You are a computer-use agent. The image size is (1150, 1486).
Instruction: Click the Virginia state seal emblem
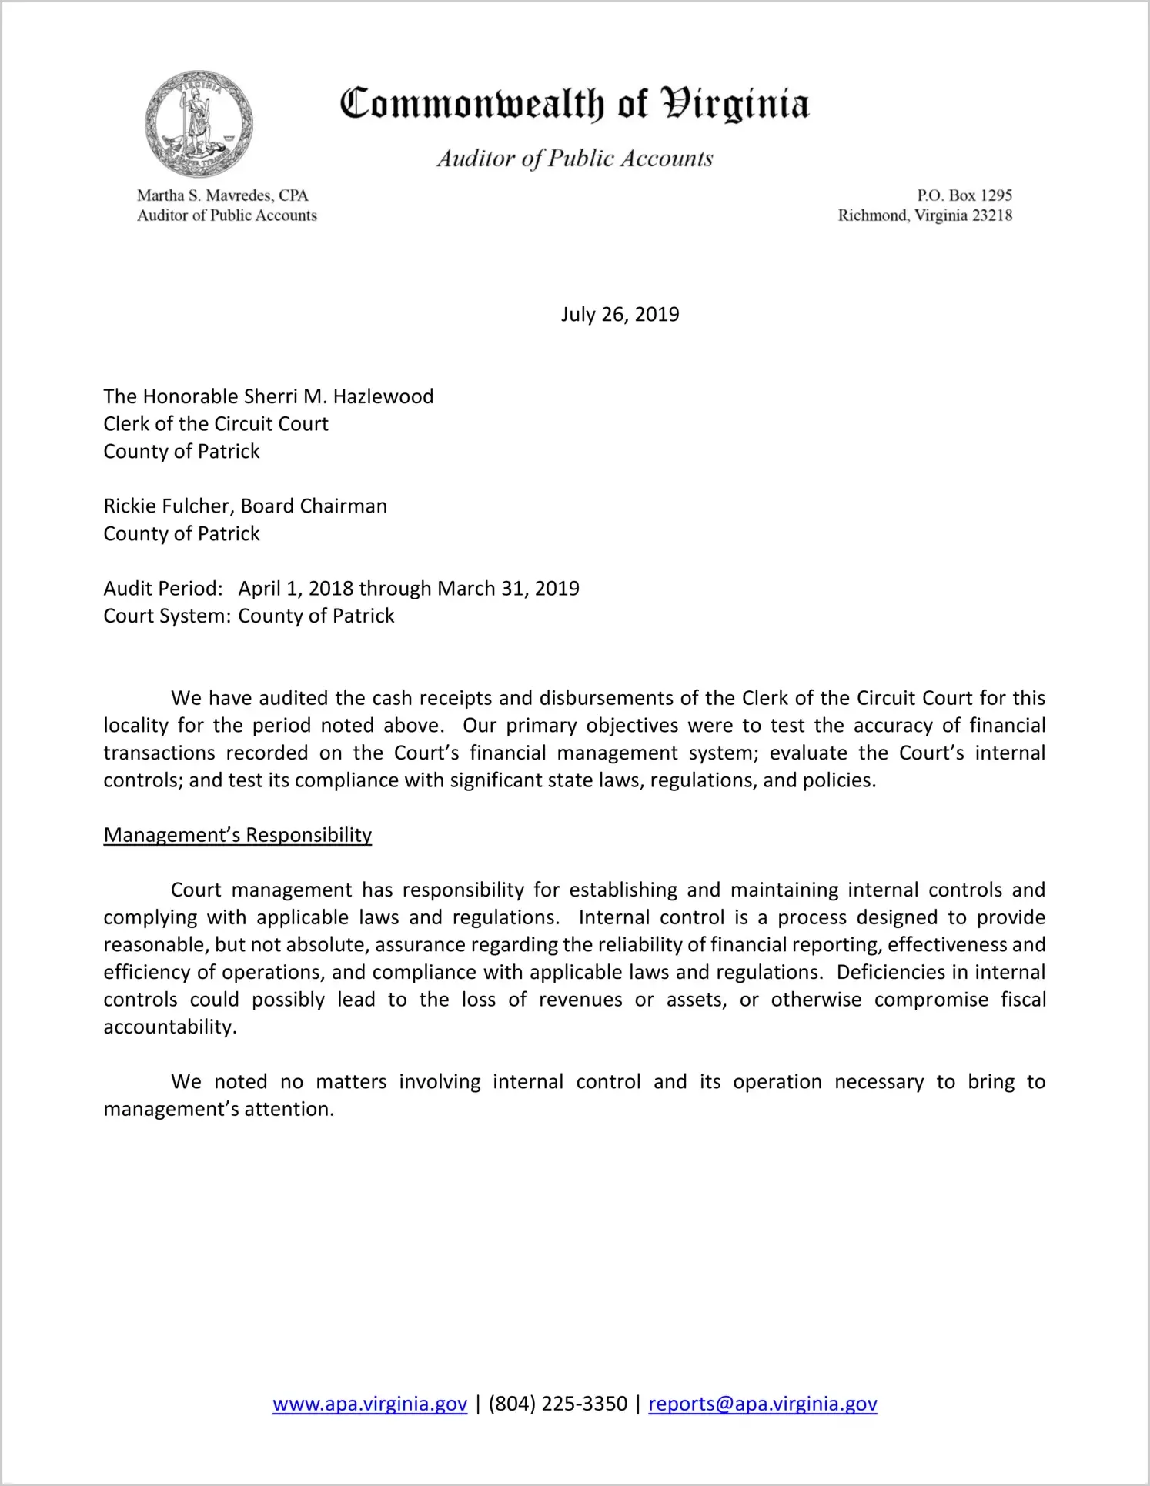tap(199, 124)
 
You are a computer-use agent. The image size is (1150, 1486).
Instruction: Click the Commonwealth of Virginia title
tap(574, 104)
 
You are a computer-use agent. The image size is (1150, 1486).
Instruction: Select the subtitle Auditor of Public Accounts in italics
tap(574, 159)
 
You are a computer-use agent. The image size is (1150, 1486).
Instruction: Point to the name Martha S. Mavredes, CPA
tap(222, 195)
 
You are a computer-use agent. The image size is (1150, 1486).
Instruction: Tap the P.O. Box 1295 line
tap(964, 195)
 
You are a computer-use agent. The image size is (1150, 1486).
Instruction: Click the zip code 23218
tap(992, 215)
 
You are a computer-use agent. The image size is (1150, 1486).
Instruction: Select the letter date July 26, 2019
tap(620, 314)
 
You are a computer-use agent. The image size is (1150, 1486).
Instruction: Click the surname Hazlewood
tap(383, 396)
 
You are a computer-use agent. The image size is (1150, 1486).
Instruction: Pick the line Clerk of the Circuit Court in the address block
tap(216, 424)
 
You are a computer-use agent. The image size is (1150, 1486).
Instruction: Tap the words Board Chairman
tap(314, 506)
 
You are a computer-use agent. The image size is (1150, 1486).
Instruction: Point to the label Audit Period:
tap(163, 589)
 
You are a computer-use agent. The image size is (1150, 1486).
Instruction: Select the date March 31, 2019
tap(508, 589)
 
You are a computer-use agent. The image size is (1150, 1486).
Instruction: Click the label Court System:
tap(167, 616)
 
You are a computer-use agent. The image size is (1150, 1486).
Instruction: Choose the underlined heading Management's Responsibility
tap(237, 835)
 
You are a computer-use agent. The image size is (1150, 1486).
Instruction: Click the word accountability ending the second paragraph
tap(169, 1027)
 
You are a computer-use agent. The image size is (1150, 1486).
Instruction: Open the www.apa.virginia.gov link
tap(369, 1404)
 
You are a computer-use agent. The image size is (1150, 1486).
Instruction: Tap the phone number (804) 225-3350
tap(557, 1404)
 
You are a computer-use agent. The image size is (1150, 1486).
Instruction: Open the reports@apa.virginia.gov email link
tap(762, 1404)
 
